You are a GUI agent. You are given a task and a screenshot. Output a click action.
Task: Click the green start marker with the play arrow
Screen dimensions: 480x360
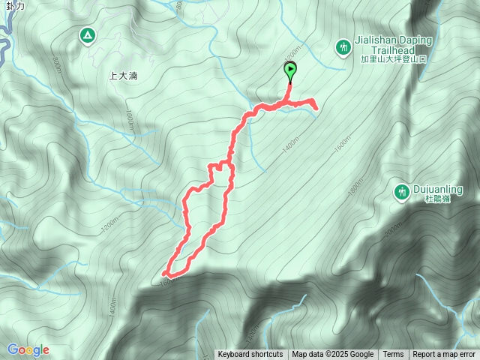(290, 71)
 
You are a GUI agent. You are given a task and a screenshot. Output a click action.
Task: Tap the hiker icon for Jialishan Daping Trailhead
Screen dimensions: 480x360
(343, 46)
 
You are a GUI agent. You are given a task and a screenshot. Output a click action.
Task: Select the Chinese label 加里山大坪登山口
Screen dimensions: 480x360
(394, 58)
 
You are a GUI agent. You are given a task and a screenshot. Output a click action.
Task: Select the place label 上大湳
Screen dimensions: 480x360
(122, 76)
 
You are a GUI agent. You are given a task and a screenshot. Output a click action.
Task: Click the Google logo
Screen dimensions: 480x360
(28, 349)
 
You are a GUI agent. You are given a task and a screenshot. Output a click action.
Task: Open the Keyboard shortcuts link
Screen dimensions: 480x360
(250, 355)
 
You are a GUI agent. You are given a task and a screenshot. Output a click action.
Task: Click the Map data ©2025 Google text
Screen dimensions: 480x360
(333, 355)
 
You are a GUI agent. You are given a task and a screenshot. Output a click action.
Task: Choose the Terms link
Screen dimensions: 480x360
(393, 355)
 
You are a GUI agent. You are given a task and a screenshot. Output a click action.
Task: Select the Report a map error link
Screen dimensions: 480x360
(444, 355)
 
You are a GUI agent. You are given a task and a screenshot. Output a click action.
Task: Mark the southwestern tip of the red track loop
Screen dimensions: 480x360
(164, 274)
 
